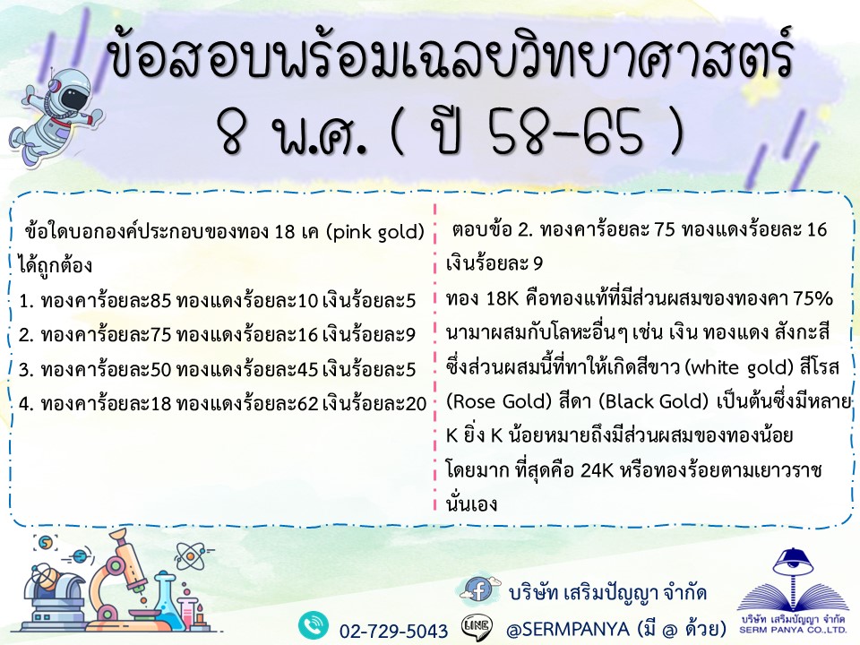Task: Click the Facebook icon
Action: [478, 589]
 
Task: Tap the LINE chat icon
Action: [477, 626]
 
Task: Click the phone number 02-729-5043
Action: [393, 631]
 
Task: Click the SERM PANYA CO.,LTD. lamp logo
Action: [793, 589]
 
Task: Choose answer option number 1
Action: [217, 301]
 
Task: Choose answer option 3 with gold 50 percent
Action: [217, 370]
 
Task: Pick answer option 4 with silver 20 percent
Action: [222, 404]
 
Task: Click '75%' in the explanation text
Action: [813, 299]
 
